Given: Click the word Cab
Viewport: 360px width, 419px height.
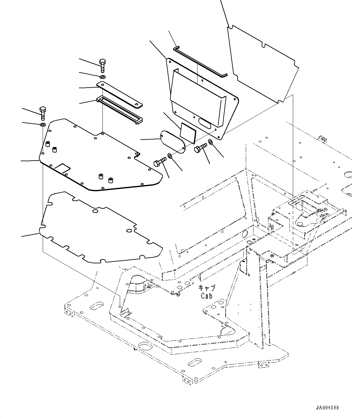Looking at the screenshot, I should (x=206, y=296).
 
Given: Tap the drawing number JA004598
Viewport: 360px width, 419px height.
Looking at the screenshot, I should (x=327, y=408).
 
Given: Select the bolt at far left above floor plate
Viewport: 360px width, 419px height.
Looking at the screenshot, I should (x=43, y=113).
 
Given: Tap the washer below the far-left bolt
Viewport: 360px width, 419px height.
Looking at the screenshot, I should (x=42, y=124).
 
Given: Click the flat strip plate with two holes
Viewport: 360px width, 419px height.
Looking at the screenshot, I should (x=119, y=94).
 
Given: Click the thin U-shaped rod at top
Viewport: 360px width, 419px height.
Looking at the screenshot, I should (x=200, y=61).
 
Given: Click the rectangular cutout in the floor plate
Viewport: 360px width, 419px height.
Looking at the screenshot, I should (x=63, y=168).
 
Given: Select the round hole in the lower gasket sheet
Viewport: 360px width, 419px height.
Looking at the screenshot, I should (x=95, y=211).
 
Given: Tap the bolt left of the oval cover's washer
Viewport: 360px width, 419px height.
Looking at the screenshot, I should (x=159, y=162).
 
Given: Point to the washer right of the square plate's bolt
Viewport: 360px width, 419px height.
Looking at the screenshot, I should (x=210, y=142).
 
